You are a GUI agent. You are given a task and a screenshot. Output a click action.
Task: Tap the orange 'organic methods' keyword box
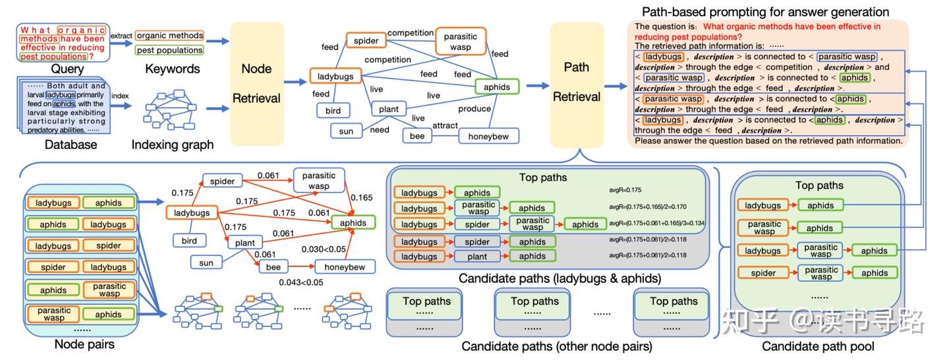pos(169,36)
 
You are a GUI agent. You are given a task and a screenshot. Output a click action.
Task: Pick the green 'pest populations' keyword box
pos(169,50)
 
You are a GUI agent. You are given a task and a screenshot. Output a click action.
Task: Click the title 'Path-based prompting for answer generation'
pos(765,12)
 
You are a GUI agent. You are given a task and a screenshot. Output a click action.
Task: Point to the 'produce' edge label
pos(474,109)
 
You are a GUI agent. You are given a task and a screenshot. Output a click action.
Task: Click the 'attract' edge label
pos(445,125)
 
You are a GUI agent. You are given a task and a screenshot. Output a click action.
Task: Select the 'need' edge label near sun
pos(380,130)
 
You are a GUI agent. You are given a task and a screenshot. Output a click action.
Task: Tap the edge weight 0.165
pos(360,197)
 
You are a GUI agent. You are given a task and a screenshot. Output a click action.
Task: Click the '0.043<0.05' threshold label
pos(301,282)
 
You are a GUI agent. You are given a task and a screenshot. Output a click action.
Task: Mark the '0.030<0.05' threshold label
pos(324,249)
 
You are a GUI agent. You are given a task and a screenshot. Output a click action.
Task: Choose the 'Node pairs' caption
pos(84,344)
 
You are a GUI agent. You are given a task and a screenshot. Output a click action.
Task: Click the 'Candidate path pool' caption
pos(818,346)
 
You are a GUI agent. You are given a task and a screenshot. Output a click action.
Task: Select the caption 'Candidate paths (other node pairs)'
pos(557,346)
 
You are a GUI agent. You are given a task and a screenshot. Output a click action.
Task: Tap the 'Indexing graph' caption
pos(172,144)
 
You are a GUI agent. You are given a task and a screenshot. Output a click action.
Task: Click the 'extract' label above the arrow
pos(121,35)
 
